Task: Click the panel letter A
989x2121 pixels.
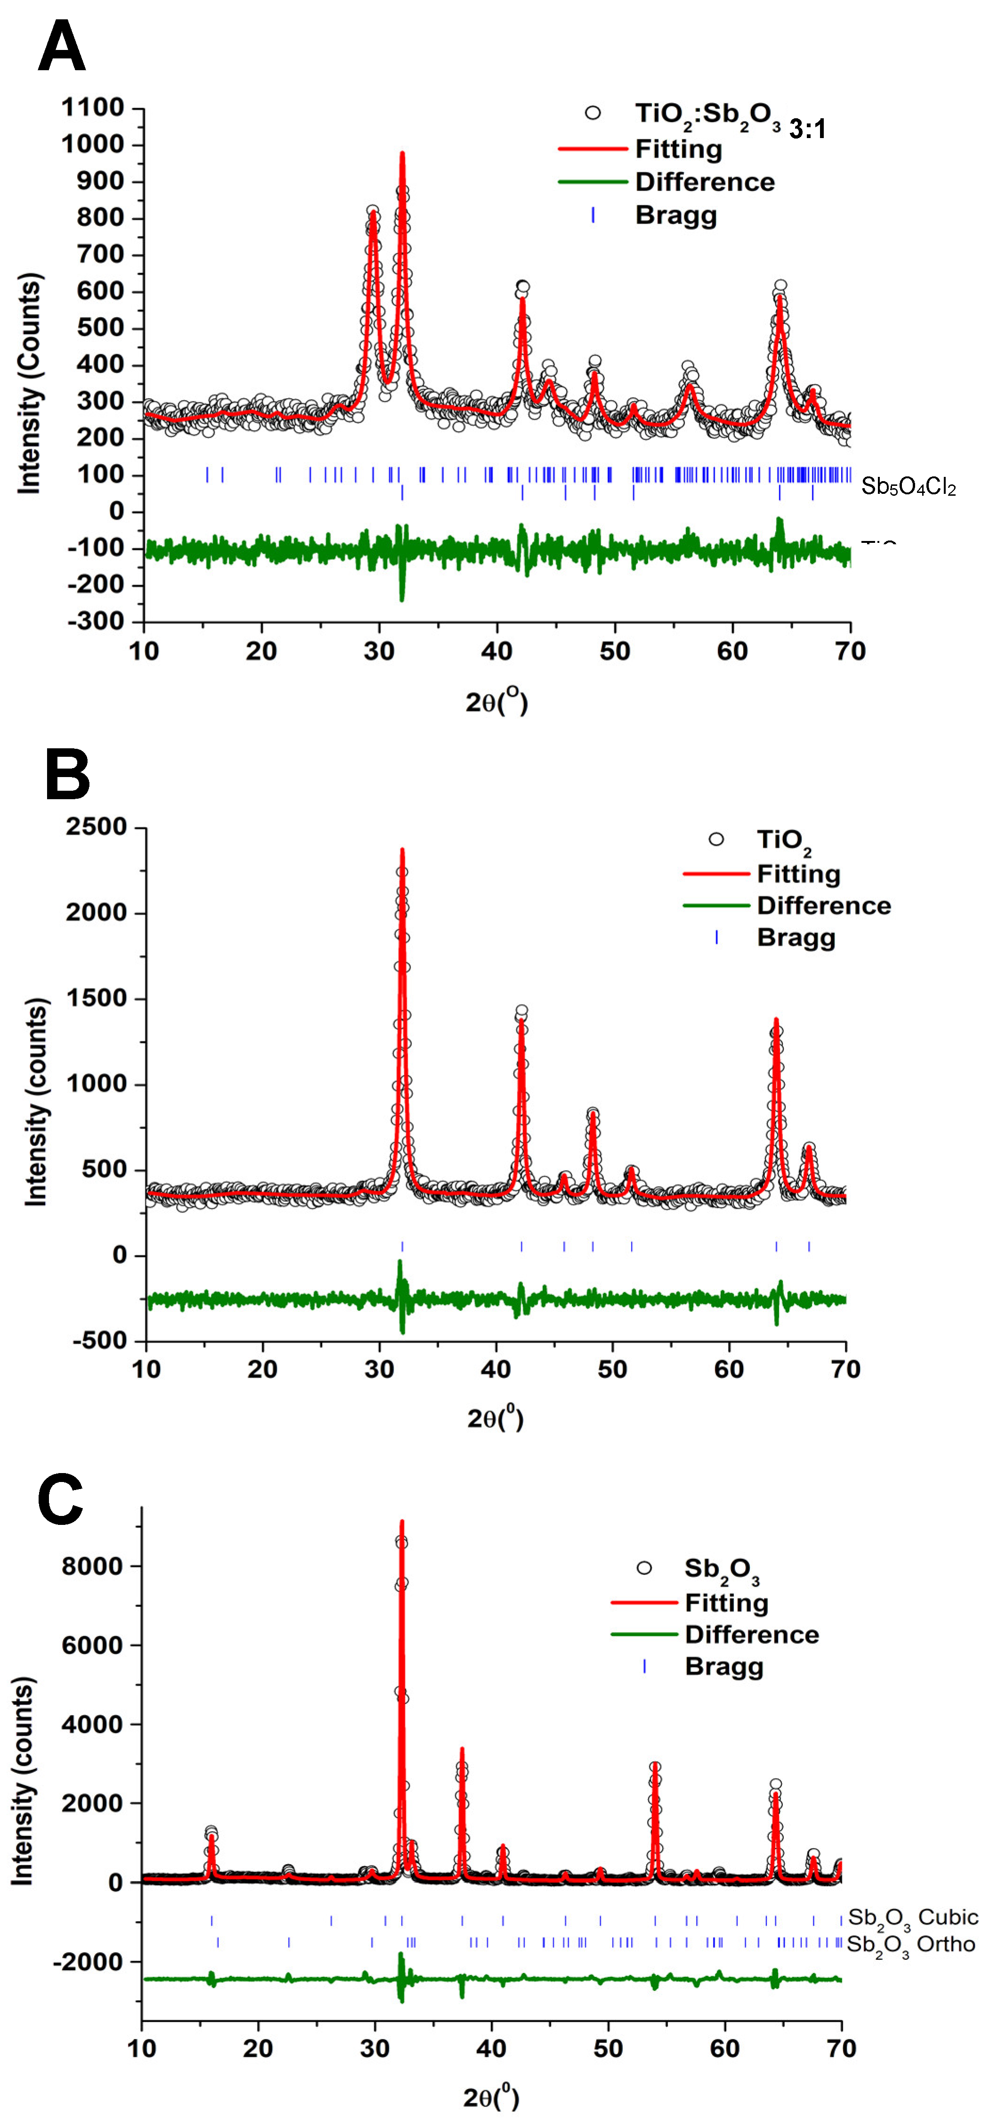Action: [62, 47]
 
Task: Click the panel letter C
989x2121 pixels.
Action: [60, 1500]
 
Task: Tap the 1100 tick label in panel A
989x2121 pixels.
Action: [93, 108]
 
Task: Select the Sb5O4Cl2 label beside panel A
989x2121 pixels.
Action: [909, 487]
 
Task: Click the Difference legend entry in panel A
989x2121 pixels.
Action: [704, 182]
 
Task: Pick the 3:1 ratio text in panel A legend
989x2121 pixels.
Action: [807, 129]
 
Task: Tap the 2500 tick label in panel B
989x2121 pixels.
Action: [97, 827]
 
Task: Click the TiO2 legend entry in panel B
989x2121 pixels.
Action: [783, 840]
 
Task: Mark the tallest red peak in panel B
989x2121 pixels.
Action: [402, 851]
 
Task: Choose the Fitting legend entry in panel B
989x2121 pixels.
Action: [798, 874]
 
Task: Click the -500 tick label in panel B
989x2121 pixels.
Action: [100, 1341]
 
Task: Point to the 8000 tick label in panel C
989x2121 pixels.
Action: [92, 1566]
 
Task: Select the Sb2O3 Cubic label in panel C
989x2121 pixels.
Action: [912, 1917]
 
